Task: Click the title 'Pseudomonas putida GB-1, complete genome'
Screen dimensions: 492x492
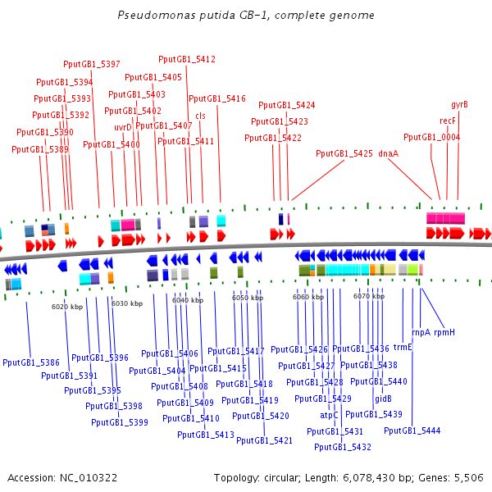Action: click(246, 15)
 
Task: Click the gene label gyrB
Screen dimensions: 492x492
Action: click(459, 105)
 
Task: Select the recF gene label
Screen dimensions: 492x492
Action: click(448, 121)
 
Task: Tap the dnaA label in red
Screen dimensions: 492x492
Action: click(389, 153)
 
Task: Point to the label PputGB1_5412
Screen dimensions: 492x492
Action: click(187, 59)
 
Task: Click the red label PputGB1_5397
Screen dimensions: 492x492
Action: click(92, 64)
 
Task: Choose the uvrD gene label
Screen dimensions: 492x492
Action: click(123, 127)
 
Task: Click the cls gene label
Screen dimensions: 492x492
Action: click(200, 116)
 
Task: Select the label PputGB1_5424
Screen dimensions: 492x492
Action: click(287, 105)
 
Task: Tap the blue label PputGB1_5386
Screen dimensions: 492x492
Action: click(31, 362)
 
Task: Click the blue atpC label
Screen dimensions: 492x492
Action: click(329, 415)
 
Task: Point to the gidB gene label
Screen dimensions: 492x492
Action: click(383, 399)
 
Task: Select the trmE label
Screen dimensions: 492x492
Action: click(403, 347)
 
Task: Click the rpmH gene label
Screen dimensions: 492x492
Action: click(444, 333)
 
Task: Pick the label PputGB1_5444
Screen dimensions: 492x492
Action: click(412, 430)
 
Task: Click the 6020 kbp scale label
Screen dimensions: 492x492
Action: click(67, 307)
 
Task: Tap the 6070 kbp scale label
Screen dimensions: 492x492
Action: click(369, 297)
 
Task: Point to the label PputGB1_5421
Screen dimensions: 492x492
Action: click(264, 440)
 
